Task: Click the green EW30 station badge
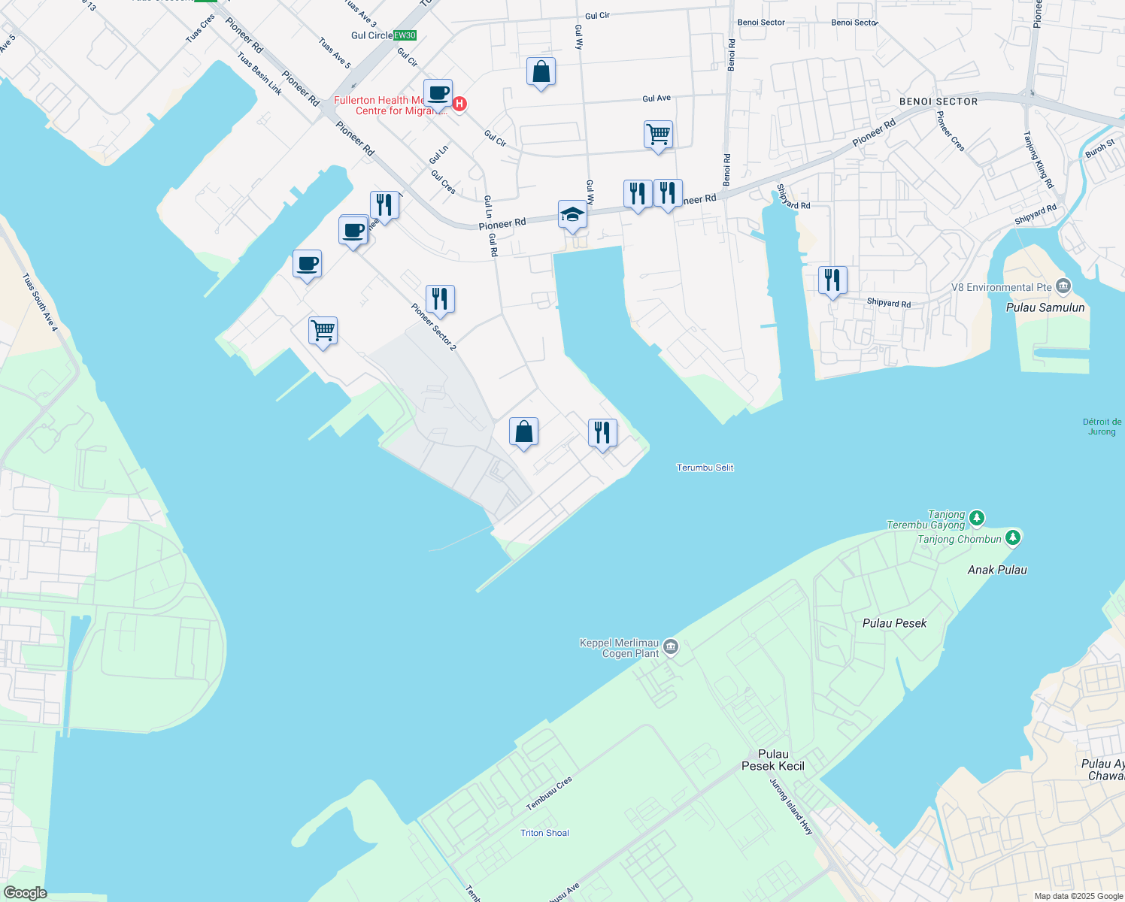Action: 405,35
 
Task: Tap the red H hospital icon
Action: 459,104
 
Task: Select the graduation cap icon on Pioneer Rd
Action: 572,214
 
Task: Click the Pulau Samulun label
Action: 1045,307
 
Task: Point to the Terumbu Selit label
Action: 705,468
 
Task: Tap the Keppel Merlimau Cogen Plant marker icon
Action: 672,646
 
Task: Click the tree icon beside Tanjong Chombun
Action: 1013,537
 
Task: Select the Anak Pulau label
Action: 997,570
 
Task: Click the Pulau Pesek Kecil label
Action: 773,760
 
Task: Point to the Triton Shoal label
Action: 544,833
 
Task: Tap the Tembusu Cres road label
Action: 549,794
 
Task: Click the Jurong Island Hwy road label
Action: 791,807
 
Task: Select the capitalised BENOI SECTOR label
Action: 939,101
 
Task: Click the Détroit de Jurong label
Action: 1102,426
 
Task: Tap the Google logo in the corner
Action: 25,893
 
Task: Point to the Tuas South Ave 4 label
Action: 40,301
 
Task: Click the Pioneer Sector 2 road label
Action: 433,327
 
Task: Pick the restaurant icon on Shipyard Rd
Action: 832,280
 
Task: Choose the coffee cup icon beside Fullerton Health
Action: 438,94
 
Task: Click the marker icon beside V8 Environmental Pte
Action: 1063,286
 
